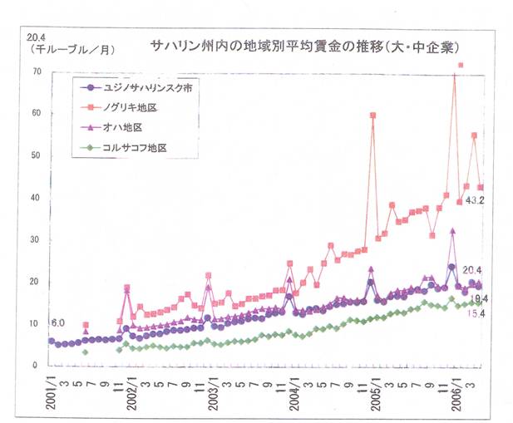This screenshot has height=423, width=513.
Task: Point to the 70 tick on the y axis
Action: coord(35,72)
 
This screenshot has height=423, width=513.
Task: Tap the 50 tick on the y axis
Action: coord(35,156)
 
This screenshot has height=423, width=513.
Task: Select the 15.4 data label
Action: coord(476,312)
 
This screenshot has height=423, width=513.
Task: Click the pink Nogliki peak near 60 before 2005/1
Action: coord(372,116)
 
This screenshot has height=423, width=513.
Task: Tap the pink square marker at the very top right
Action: coord(461,65)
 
